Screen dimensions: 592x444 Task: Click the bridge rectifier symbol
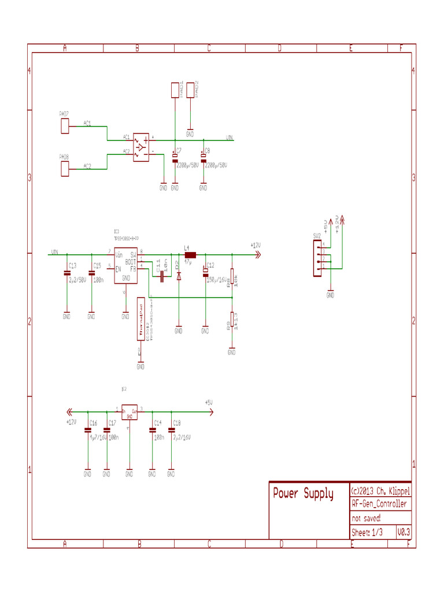tap(141, 147)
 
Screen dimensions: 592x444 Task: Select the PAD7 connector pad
tap(65, 126)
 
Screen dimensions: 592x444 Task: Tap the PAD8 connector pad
tap(65, 169)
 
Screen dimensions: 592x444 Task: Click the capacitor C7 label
tap(179, 150)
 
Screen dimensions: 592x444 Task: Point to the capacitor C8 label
tap(208, 150)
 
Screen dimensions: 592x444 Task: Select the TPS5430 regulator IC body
tap(125, 266)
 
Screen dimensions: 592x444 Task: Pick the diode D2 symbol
tap(179, 276)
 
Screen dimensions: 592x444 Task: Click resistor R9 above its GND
tap(232, 321)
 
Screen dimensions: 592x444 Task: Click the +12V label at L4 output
tap(256, 245)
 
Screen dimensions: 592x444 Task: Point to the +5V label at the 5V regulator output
tap(209, 402)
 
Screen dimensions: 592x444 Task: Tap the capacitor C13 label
tap(72, 265)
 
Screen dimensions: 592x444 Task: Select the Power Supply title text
tap(303, 494)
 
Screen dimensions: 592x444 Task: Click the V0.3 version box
tap(404, 532)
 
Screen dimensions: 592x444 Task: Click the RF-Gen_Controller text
tap(379, 504)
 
